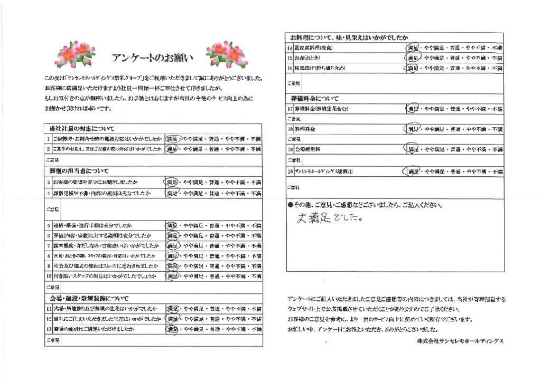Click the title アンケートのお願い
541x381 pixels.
click(x=153, y=57)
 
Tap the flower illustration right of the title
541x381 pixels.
click(x=226, y=51)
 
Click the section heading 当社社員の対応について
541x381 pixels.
click(x=81, y=129)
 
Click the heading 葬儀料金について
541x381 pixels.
click(x=314, y=99)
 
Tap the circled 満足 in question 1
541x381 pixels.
click(x=172, y=139)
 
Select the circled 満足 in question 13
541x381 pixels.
click(x=172, y=329)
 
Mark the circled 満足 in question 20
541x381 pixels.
click(x=413, y=172)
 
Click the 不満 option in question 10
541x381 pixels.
click(x=256, y=276)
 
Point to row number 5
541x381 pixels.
click(x=48, y=225)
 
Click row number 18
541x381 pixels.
click(x=290, y=129)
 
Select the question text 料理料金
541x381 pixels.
click(x=305, y=129)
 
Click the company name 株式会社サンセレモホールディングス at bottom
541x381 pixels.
click(x=460, y=342)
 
